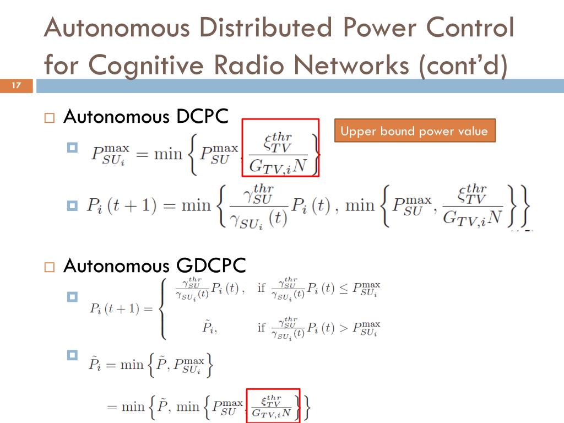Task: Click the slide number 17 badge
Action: (16, 85)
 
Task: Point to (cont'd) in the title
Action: (463, 66)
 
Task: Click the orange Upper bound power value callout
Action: (414, 131)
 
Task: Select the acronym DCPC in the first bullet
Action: (202, 117)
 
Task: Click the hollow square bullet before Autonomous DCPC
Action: (50, 118)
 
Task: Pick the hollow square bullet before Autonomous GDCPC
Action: (50, 267)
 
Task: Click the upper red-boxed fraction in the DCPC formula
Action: (280, 148)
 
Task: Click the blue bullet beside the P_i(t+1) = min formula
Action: (72, 206)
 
